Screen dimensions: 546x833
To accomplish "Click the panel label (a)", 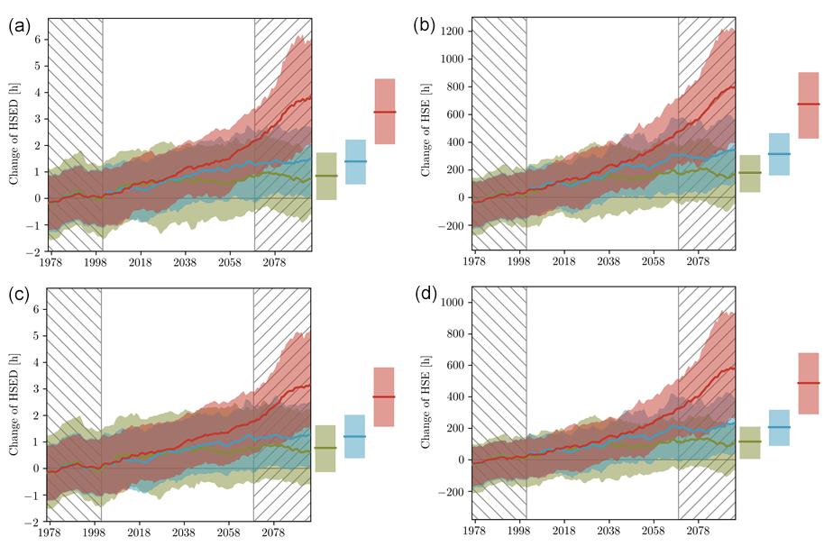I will tap(20, 26).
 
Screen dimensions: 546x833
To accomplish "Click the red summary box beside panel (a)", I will tap(385, 111).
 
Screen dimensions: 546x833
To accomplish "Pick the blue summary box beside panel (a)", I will tap(355, 161).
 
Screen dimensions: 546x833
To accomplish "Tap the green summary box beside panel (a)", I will tap(326, 176).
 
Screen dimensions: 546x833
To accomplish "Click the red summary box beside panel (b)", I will tap(808, 105).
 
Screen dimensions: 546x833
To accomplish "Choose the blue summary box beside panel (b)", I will tap(779, 154).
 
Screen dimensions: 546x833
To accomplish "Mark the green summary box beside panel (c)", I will tap(325, 448).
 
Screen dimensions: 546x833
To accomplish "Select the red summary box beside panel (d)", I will tap(808, 383).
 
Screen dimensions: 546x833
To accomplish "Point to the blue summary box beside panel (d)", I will tap(779, 427).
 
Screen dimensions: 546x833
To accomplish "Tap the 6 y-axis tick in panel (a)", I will tap(38, 39).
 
